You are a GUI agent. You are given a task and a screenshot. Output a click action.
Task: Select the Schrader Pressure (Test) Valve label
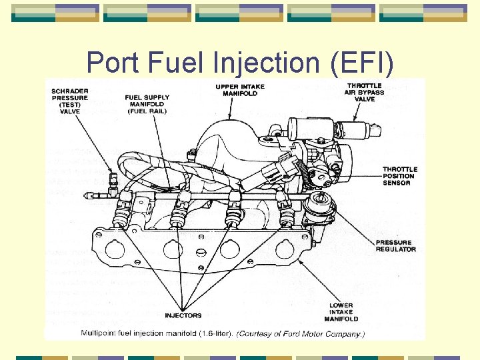[x=69, y=100]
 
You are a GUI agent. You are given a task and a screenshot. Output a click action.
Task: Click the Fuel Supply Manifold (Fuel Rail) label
[x=147, y=104]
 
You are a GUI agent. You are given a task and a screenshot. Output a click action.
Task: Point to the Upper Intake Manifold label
[x=240, y=90]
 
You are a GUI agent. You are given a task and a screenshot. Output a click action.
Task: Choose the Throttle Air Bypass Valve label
[x=365, y=92]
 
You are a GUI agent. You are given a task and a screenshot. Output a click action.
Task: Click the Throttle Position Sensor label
[x=400, y=176]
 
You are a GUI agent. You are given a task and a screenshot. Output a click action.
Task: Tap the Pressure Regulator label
[x=395, y=245]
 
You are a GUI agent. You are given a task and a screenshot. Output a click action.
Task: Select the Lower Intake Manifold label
[x=341, y=311]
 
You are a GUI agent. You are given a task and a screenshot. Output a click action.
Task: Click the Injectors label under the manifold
[x=183, y=315]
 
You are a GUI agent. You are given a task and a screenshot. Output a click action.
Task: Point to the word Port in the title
[x=111, y=63]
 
